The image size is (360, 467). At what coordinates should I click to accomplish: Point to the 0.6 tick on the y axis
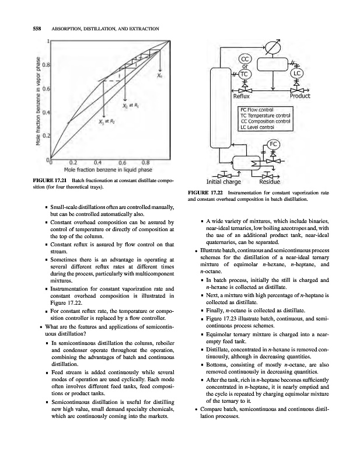click(x=46, y=88)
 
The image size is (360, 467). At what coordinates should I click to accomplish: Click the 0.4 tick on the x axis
click(x=97, y=163)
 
